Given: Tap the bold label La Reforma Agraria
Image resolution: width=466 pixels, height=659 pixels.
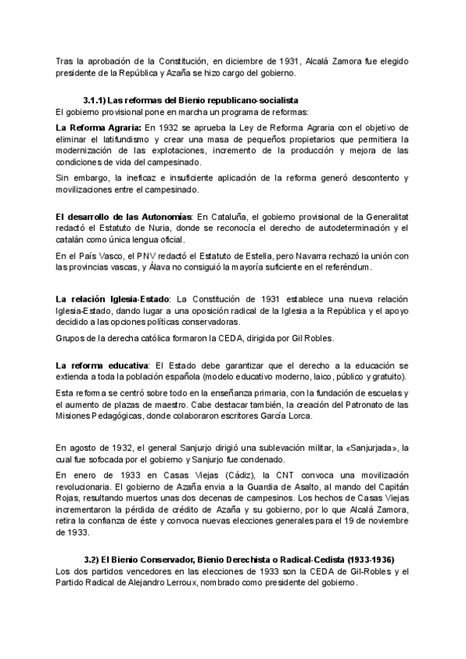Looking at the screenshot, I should (x=99, y=126).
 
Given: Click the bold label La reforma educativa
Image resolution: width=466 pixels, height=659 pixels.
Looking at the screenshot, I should (x=103, y=364).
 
